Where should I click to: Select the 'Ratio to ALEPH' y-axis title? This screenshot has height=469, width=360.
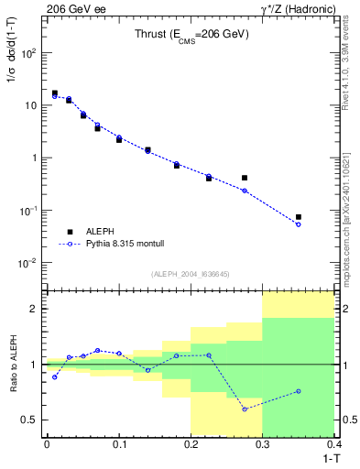pos(13,364)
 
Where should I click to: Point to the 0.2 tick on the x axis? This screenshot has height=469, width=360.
pos(191,444)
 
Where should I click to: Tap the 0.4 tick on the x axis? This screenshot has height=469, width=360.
pos(334,444)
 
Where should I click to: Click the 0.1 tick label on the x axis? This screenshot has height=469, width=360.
pos(118,444)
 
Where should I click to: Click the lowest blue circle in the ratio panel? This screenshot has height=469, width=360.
pos(245,409)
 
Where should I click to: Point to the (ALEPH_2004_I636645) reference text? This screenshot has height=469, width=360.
pos(190,274)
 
